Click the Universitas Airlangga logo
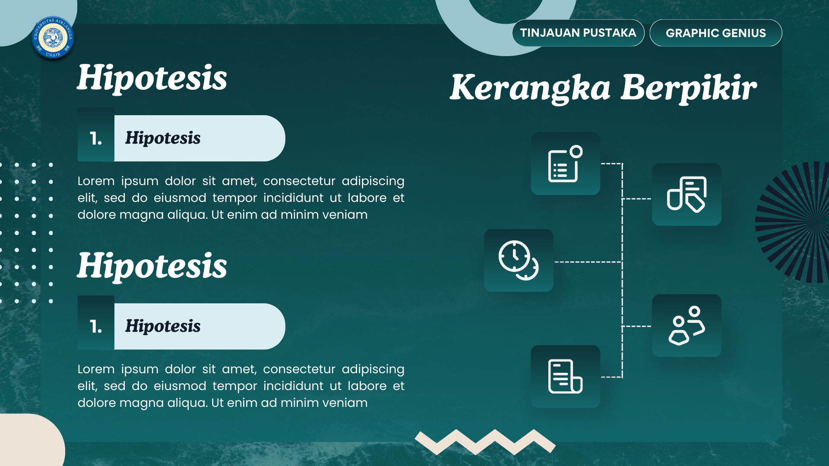coord(53,38)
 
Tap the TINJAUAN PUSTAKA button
coord(578,33)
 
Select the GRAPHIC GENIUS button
coord(715,33)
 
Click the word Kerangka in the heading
coord(530,88)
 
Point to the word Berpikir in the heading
coord(689,88)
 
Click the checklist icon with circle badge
coord(565,164)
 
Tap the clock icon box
coord(519,260)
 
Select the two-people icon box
coord(687,326)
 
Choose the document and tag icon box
coord(687,194)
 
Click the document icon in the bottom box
coord(565,376)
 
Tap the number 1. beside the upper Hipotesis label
coord(96,139)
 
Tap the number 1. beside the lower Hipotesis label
coord(96,327)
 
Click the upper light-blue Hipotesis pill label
coord(199,139)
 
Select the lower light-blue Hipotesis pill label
coord(199,327)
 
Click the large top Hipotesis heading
coord(152,78)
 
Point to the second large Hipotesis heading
coord(152,266)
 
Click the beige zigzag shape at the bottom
coord(485,441)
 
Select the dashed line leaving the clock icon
coord(587,262)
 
